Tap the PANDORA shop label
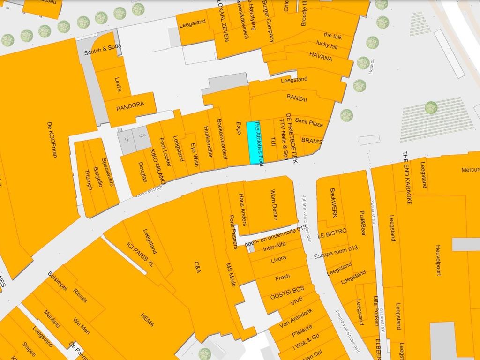130,105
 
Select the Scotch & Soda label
103,49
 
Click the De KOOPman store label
52,139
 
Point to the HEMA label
147,321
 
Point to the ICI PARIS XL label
140,255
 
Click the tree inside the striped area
431,108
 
